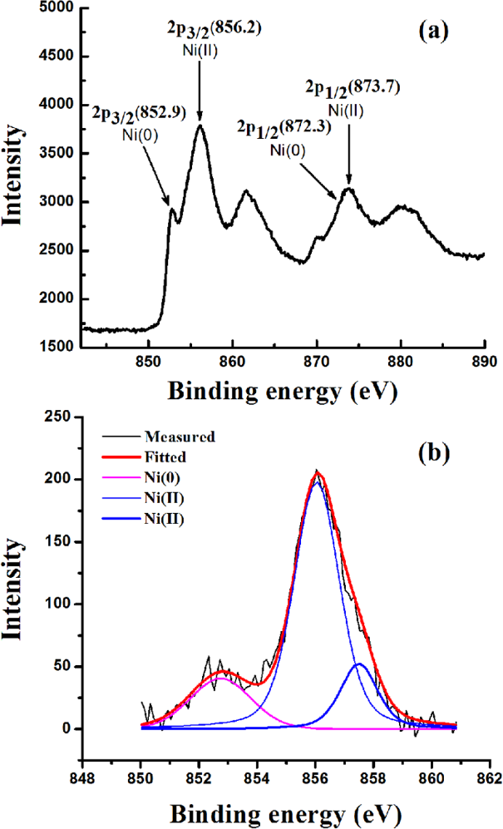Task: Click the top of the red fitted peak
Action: (x=317, y=473)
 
